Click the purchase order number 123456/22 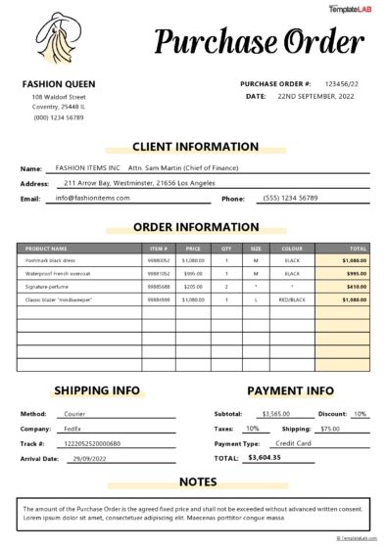click(x=346, y=84)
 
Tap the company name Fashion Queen click(x=58, y=84)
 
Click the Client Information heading click(x=194, y=147)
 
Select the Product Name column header click(x=46, y=249)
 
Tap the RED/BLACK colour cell click(x=292, y=299)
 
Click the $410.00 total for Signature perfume click(x=356, y=287)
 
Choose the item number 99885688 click(x=159, y=287)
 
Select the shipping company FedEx click(x=72, y=429)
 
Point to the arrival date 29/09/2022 click(x=89, y=458)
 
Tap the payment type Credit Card click(x=293, y=443)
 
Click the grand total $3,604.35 click(x=265, y=457)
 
